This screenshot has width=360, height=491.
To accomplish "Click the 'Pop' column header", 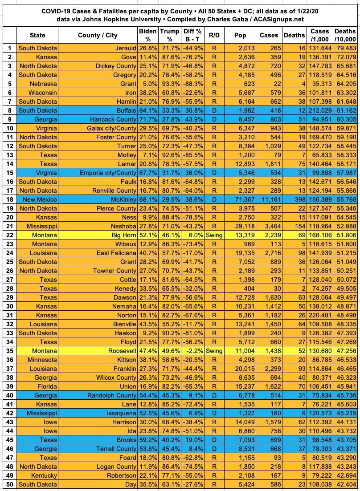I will click(241, 35).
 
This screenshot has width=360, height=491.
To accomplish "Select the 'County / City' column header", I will click(98, 35).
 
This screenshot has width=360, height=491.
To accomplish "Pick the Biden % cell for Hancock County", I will click(147, 119).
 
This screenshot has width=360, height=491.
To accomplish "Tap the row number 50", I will click(8, 484).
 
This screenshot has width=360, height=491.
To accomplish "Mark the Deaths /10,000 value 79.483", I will click(346, 48).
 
